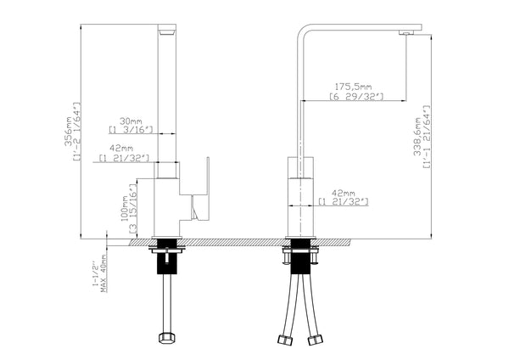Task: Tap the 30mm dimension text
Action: pyautogui.click(x=130, y=120)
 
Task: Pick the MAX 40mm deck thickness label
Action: pyautogui.click(x=104, y=273)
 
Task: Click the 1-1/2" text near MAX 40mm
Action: pyautogui.click(x=94, y=273)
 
